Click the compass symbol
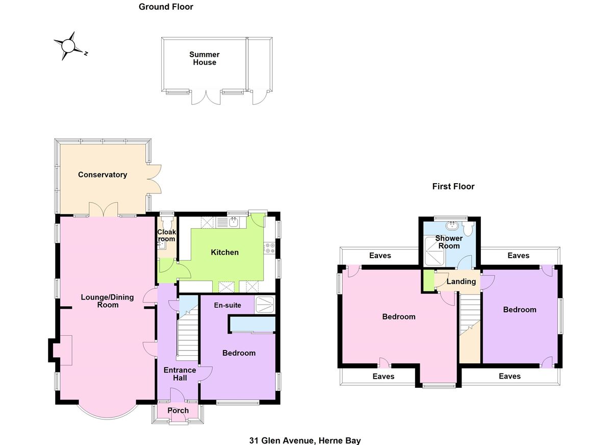coord(68,46)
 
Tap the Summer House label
coord(204,58)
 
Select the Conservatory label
coord(103,175)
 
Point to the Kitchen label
coord(224,252)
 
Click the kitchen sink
coord(234,222)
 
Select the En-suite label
coord(227,305)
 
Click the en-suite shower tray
coord(264,304)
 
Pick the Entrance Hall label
coord(180,374)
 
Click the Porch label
coord(178,410)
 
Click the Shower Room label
coord(449,242)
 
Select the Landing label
coord(461,281)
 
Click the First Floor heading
coord(453,186)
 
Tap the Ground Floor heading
coord(166,7)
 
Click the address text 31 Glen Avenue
coord(305,440)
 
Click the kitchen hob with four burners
coord(270,249)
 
